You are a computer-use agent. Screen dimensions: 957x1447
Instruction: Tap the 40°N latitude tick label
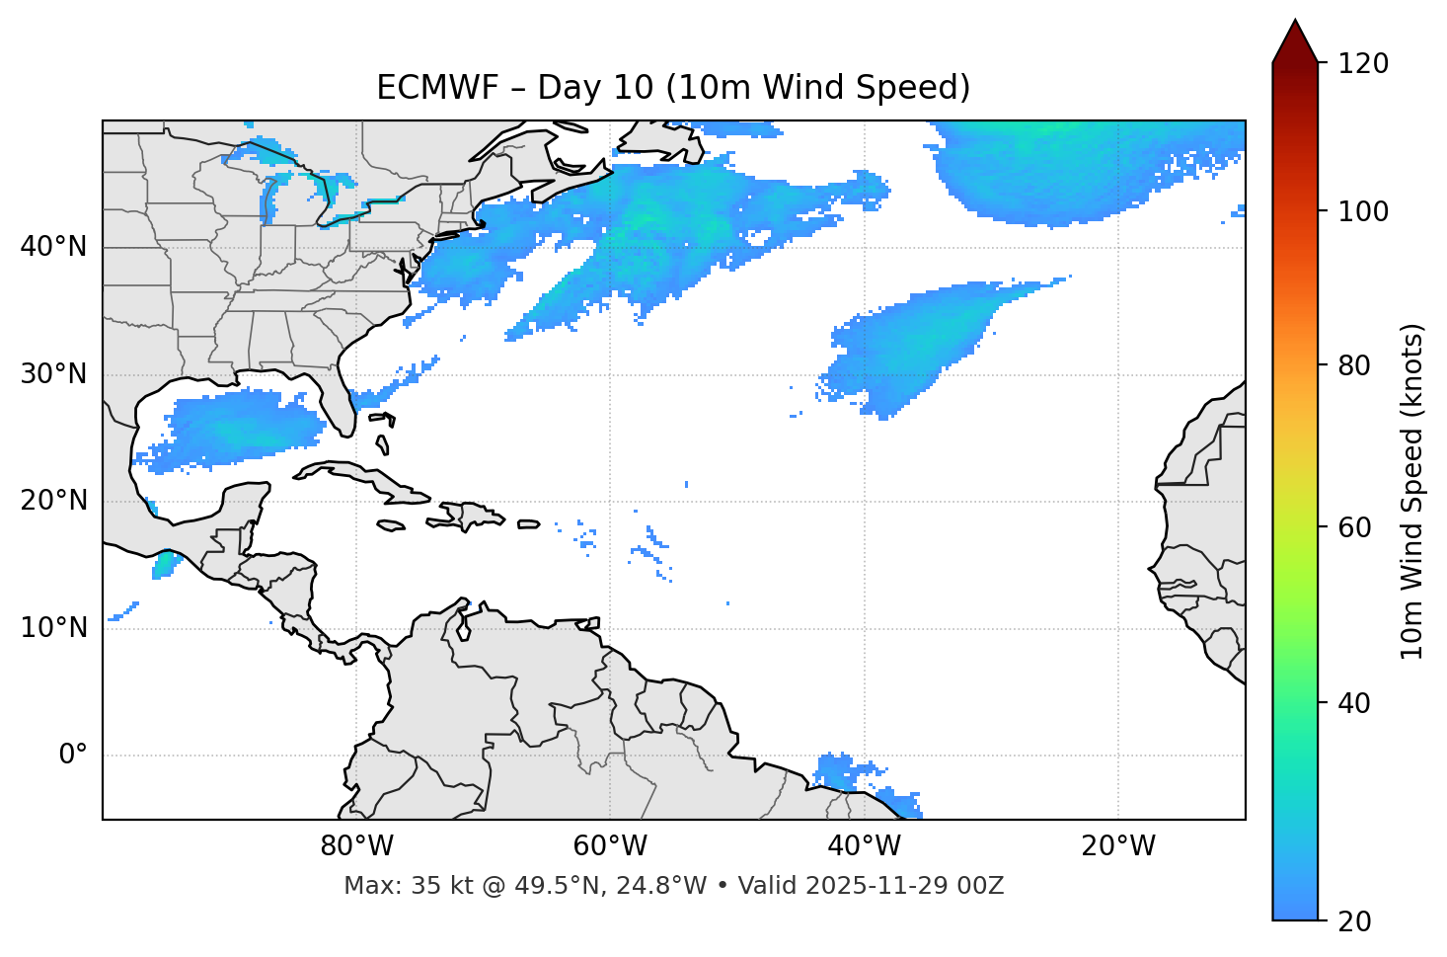[53, 247]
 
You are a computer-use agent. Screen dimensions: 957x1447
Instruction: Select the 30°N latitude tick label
[53, 374]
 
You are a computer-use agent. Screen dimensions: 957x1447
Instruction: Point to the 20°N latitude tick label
[53, 501]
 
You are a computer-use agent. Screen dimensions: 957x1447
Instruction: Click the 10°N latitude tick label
[53, 628]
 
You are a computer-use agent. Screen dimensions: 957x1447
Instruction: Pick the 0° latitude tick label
[73, 756]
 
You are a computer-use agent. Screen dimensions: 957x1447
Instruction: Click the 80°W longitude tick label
[356, 846]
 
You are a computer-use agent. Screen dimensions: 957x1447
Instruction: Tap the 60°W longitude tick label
[610, 846]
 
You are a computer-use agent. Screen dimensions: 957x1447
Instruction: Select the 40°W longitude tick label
[864, 846]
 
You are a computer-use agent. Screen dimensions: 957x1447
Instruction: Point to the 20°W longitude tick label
[1117, 846]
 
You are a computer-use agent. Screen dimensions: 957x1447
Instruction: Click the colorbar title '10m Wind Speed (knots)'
[1412, 492]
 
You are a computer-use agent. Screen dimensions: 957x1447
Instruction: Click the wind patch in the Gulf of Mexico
[242, 427]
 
